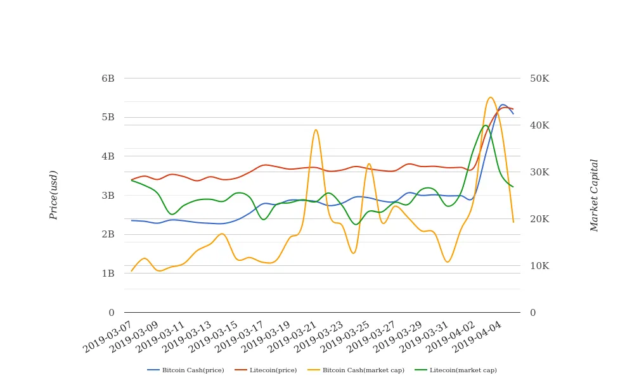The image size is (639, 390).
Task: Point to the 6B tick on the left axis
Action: coord(108,79)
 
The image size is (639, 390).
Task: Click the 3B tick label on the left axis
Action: coord(108,196)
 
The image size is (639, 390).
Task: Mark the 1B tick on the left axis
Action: coord(108,274)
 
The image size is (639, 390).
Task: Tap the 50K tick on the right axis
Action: coord(539,79)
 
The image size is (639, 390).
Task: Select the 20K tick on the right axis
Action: coord(539,219)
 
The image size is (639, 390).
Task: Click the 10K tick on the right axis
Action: coord(539,266)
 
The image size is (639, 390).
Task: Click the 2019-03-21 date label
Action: coord(294,336)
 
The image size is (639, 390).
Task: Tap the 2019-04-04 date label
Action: coord(479,336)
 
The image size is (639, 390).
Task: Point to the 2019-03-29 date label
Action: coord(399,336)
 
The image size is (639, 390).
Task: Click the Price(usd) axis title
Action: coord(54,195)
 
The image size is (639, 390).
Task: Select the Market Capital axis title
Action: coord(594,195)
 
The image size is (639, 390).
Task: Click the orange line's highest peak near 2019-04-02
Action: coord(490,97)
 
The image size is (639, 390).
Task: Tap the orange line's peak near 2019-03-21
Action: coord(316,130)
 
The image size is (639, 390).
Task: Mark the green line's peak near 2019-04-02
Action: coord(486,125)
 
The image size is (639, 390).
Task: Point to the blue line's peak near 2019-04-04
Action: coord(503,105)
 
